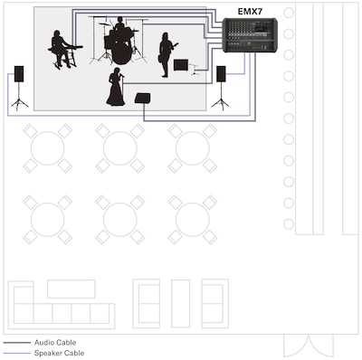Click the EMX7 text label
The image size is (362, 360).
click(x=250, y=12)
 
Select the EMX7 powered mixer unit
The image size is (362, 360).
click(x=250, y=35)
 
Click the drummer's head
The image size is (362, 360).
click(x=120, y=20)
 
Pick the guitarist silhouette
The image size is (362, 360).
click(x=166, y=54)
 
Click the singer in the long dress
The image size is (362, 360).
click(x=116, y=87)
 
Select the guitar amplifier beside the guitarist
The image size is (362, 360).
click(x=181, y=65)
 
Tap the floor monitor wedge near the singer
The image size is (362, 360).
click(x=143, y=99)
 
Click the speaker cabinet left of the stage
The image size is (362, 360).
click(x=19, y=74)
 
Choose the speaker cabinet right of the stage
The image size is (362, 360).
click(x=221, y=74)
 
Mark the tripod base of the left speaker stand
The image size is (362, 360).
click(x=20, y=103)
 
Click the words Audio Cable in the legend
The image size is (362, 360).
click(x=55, y=343)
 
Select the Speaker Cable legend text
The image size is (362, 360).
click(x=59, y=353)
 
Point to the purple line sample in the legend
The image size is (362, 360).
click(x=17, y=353)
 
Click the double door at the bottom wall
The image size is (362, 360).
click(x=309, y=346)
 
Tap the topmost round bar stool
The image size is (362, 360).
click(x=289, y=13)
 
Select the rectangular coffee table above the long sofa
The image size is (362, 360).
click(x=71, y=289)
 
